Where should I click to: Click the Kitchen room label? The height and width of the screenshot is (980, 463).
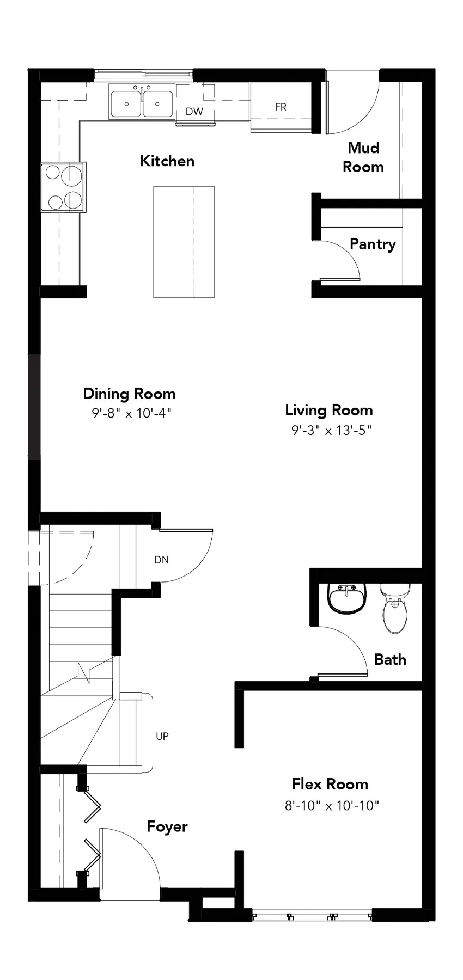pyautogui.click(x=167, y=161)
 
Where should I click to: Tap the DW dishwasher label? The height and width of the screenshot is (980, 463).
pyautogui.click(x=194, y=112)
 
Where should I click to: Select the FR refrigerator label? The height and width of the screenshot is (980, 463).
pyautogui.click(x=281, y=107)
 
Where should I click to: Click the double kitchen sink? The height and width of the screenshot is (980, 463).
pyautogui.click(x=142, y=102)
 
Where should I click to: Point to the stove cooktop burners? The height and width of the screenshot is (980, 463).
pyautogui.click(x=64, y=187)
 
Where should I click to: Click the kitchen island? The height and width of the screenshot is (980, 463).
pyautogui.click(x=184, y=242)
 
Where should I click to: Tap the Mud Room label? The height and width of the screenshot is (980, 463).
pyautogui.click(x=363, y=157)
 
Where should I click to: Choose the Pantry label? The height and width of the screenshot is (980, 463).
pyautogui.click(x=373, y=244)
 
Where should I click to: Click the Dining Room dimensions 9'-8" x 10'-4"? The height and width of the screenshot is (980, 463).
pyautogui.click(x=131, y=413)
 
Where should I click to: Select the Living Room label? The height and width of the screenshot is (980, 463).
pyautogui.click(x=329, y=411)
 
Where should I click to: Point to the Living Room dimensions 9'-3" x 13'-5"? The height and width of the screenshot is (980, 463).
pyautogui.click(x=331, y=431)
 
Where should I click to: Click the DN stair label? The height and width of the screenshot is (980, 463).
pyautogui.click(x=161, y=560)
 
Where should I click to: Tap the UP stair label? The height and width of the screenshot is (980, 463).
pyautogui.click(x=162, y=736)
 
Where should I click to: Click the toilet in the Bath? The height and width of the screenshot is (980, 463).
pyautogui.click(x=395, y=608)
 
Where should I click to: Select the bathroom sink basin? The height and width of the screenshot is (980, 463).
pyautogui.click(x=347, y=599)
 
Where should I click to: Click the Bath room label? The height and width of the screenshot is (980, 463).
pyautogui.click(x=391, y=659)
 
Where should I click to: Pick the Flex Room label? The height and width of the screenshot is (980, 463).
pyautogui.click(x=330, y=784)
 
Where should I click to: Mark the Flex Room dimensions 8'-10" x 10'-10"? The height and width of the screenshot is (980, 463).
pyautogui.click(x=332, y=805)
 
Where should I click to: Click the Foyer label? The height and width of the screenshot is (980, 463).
pyautogui.click(x=167, y=827)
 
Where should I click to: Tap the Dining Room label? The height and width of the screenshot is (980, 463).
pyautogui.click(x=129, y=394)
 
